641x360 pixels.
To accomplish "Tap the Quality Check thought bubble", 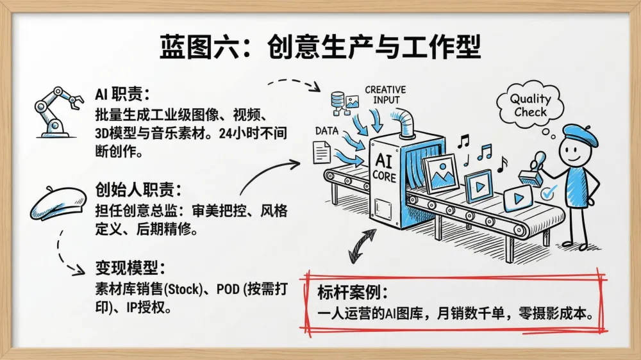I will coord(529,106).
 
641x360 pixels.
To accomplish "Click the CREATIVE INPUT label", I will coord(385,95).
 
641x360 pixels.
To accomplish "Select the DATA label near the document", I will coord(326,131).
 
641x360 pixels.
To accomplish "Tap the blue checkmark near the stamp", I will coord(549,190).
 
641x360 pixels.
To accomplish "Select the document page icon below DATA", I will coord(322,152).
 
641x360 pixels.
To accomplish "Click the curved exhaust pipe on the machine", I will coord(406,122).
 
